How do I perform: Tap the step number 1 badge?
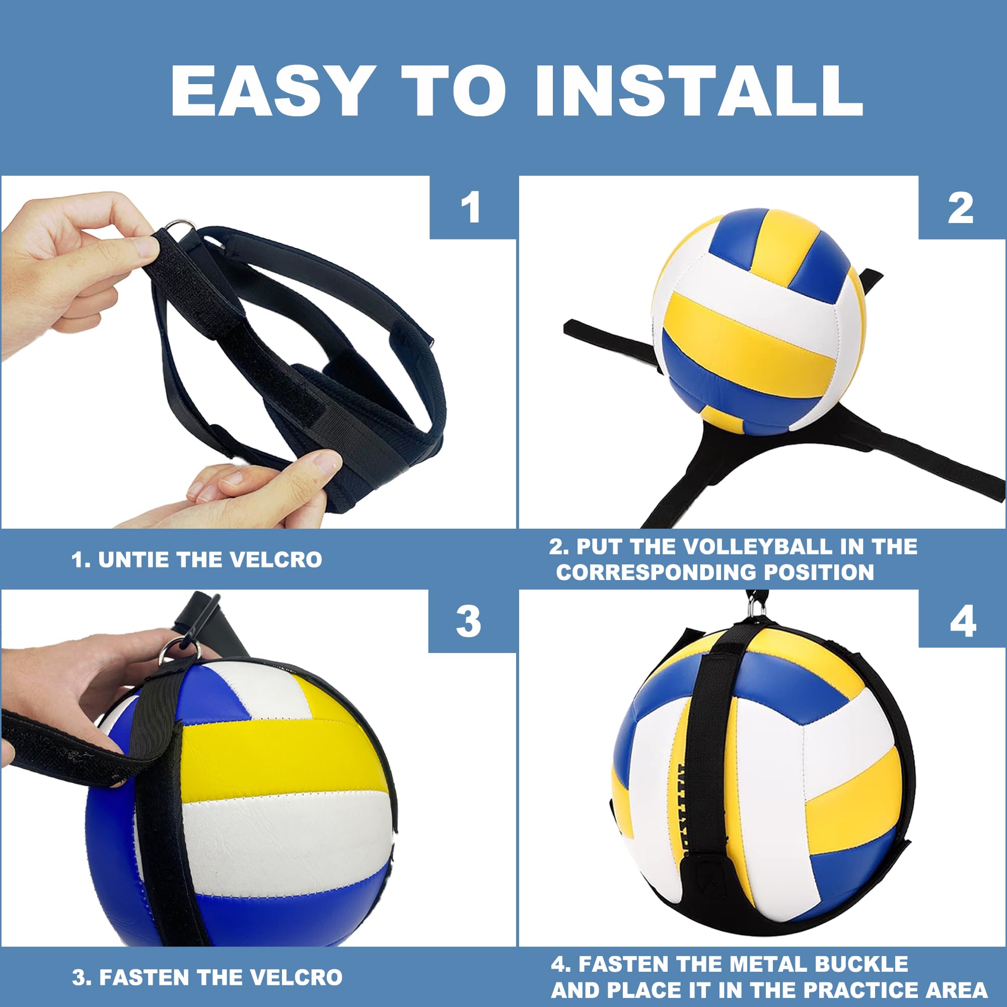pos(471,208)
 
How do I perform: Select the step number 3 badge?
pos(469,621)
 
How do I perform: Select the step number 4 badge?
pos(963,621)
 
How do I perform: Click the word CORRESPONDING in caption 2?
pos(656,572)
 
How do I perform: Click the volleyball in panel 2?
pos(758,321)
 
